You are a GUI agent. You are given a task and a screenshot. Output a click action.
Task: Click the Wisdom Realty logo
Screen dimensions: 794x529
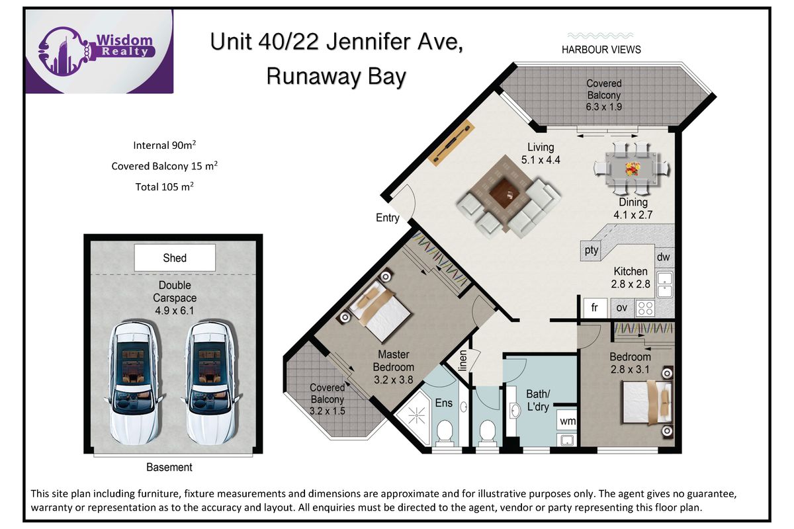100,52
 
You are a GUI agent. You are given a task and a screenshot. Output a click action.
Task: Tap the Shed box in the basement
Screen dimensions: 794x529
175,258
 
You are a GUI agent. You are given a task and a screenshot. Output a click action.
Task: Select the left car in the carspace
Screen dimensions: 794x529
133,383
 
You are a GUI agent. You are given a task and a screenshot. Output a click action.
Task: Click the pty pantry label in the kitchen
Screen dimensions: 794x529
591,251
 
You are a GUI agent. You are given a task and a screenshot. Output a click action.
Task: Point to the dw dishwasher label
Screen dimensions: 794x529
663,257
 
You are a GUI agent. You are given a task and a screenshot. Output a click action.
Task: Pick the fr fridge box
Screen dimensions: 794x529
595,307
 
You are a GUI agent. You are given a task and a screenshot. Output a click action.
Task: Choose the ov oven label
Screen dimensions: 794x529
622,308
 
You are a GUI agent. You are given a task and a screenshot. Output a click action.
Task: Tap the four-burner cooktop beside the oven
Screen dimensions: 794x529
645,308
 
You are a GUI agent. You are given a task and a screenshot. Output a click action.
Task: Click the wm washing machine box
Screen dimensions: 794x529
567,421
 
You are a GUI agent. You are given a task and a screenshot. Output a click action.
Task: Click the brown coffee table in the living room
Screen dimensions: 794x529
504,193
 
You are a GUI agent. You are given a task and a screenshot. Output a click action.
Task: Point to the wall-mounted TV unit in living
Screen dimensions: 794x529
451,142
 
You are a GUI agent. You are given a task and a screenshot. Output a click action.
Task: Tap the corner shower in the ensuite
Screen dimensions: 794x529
416,417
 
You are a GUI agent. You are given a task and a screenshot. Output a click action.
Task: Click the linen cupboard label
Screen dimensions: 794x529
463,360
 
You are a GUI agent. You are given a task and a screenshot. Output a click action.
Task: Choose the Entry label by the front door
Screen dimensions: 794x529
388,218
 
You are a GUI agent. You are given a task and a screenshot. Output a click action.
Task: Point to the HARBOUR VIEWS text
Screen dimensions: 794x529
601,50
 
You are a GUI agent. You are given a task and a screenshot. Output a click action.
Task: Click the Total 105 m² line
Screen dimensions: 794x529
165,186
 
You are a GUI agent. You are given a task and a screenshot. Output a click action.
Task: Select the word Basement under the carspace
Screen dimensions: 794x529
169,467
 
